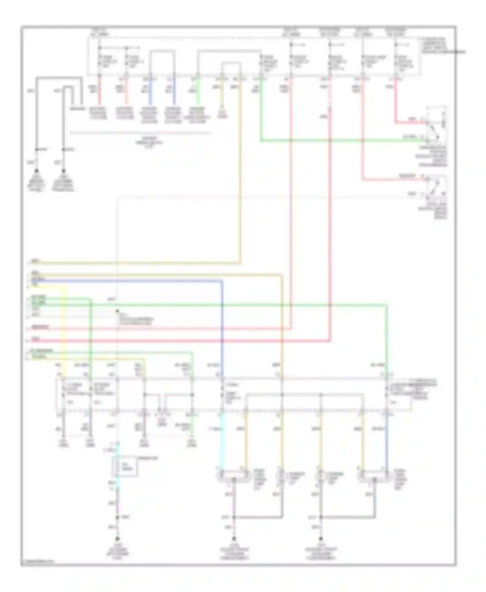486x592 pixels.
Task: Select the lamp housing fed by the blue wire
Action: coord(374,475)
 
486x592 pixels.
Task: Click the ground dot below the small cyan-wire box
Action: coord(118,539)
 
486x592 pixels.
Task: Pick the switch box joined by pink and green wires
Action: coord(436,125)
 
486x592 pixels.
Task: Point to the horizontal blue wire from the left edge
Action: coord(130,281)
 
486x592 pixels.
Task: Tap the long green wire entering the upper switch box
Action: coord(340,141)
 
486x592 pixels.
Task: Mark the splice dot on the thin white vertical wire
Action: coord(118,311)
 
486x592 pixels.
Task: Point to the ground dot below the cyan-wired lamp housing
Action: coord(234,539)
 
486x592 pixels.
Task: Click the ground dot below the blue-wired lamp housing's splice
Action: coord(321,539)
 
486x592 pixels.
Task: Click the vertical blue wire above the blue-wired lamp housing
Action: coord(387,444)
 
